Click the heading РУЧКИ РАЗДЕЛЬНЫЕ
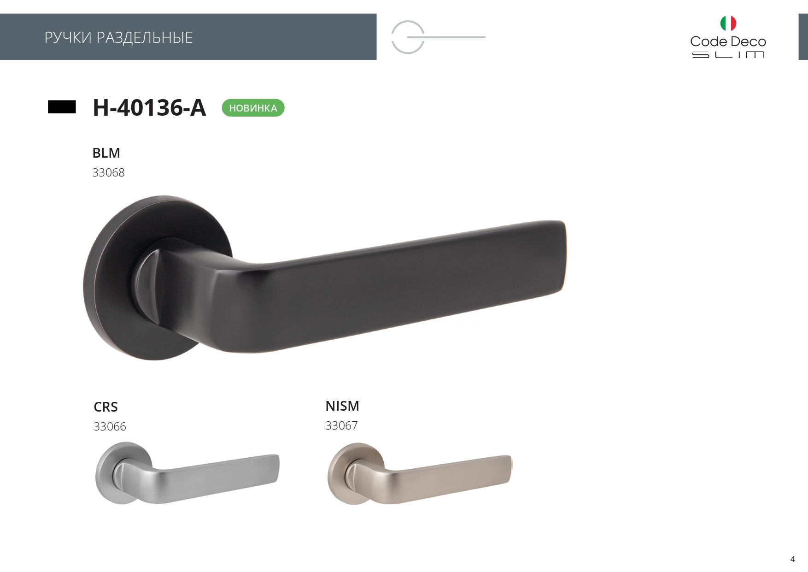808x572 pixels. click(119, 37)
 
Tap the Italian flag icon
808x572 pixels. click(728, 23)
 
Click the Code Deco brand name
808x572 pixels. click(728, 41)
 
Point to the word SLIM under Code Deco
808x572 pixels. click(728, 55)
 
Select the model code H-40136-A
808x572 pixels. click(149, 107)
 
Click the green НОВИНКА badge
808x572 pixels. click(253, 108)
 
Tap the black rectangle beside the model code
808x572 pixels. click(62, 107)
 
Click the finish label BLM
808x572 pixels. click(106, 153)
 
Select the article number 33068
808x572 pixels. click(108, 172)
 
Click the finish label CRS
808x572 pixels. click(105, 407)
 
